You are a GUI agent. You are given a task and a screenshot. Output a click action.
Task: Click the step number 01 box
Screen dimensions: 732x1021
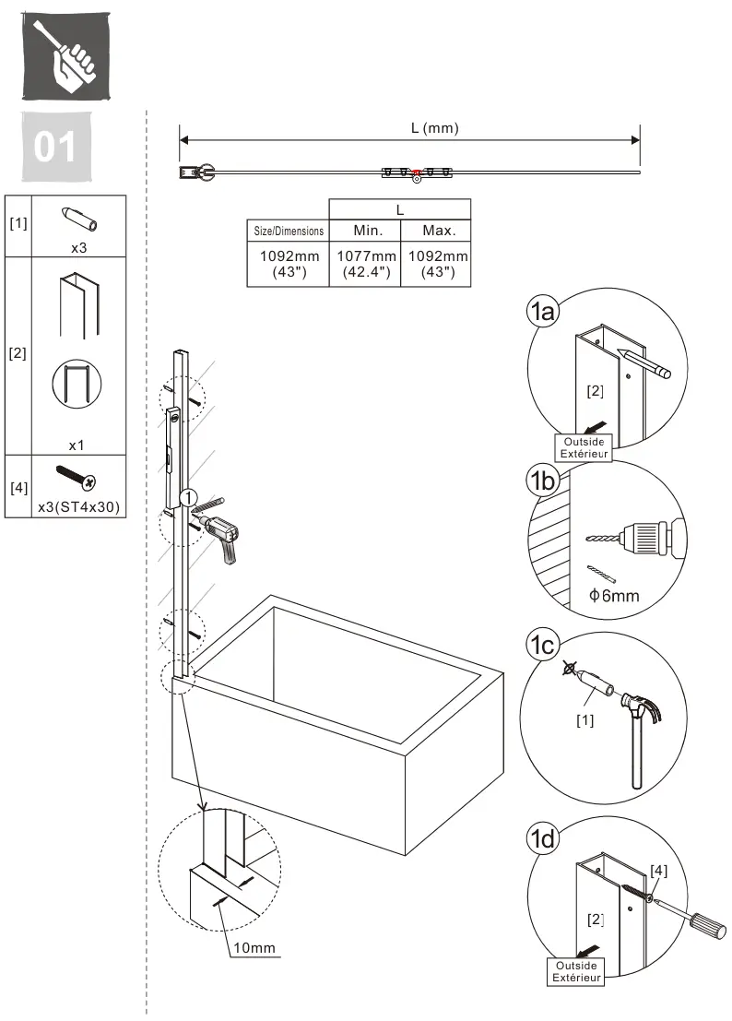pos(56,147)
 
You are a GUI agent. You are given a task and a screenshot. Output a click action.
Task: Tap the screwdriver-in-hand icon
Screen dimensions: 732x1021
pos(66,56)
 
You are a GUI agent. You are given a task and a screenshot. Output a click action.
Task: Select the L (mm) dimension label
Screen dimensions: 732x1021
pos(434,127)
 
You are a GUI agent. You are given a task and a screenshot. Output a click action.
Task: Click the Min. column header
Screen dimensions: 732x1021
pos(368,231)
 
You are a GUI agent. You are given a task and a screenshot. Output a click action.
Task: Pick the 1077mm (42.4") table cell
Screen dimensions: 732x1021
pos(366,264)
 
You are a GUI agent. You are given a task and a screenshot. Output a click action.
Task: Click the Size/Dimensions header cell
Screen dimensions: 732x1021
pos(289,231)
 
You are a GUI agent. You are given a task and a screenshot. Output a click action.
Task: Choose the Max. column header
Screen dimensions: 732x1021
pos(439,231)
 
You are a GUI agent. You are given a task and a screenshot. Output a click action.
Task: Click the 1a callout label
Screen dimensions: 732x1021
pos(543,312)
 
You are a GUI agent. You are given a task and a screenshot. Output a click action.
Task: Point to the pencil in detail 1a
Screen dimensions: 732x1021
pos(643,363)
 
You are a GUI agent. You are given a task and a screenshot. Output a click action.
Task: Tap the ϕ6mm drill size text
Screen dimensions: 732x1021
pos(614,596)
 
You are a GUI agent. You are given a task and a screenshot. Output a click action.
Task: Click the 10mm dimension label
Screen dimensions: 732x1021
pos(254,947)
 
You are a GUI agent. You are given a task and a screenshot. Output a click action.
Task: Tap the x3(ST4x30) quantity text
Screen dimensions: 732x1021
pos(78,506)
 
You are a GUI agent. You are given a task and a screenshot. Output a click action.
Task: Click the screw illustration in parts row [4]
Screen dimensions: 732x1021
pos(77,477)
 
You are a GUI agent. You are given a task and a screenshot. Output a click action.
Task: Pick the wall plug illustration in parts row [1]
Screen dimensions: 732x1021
pos(79,219)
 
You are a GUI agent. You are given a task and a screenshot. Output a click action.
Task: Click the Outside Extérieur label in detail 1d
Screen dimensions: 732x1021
pos(576,971)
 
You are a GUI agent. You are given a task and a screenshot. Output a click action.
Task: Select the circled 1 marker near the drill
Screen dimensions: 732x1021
pos(188,498)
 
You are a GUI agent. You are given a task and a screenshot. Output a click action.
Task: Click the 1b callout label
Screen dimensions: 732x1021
pos(542,481)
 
